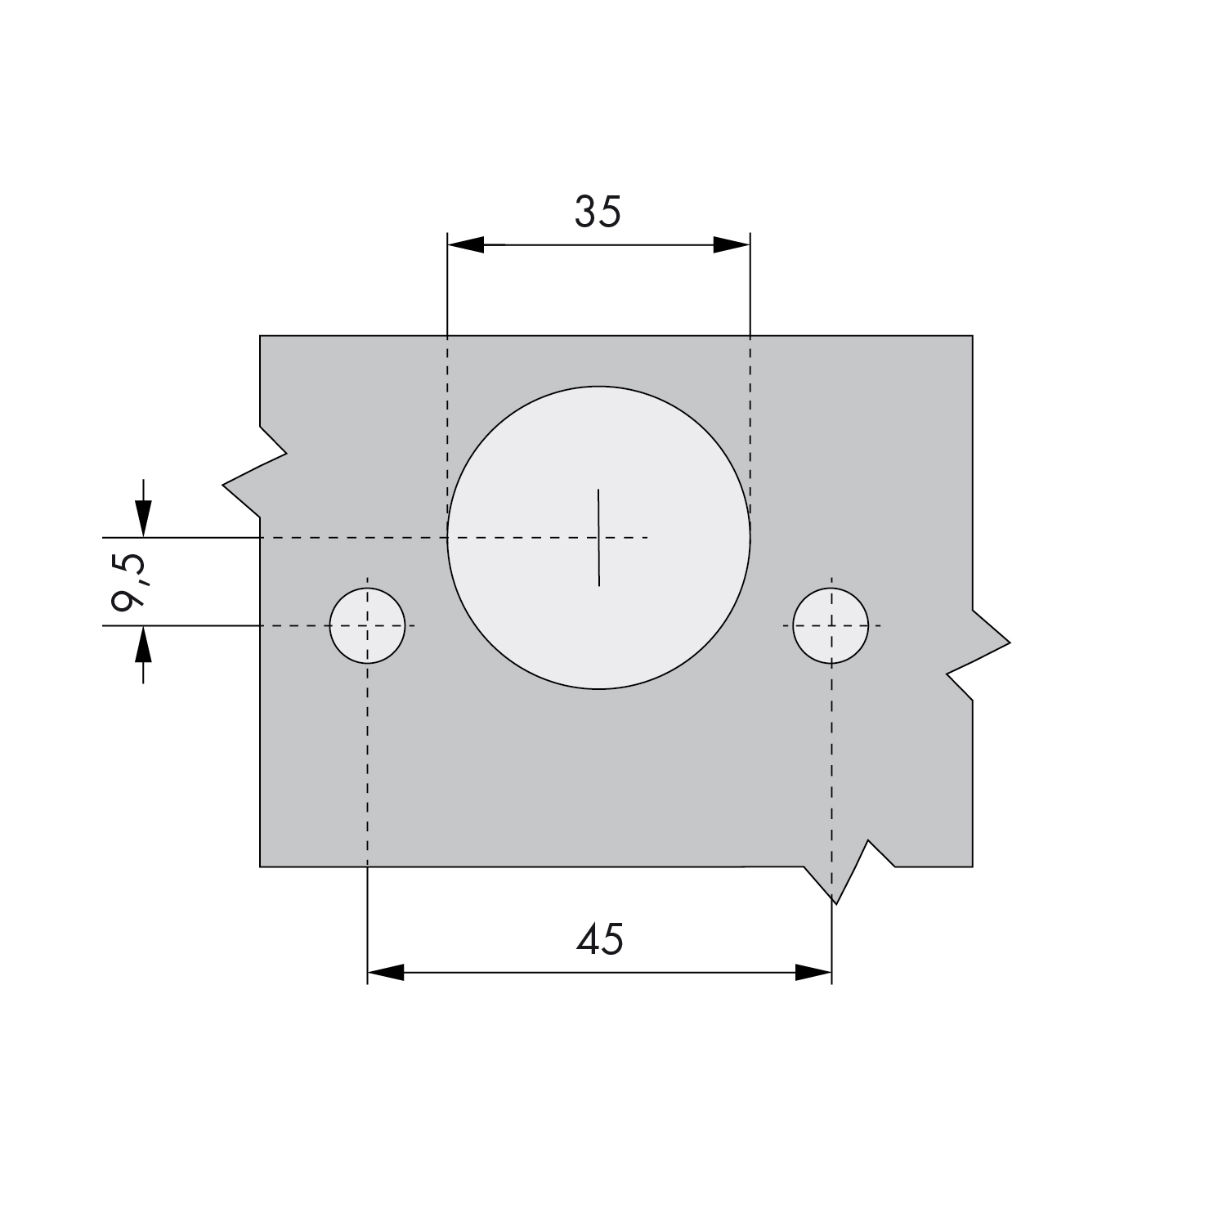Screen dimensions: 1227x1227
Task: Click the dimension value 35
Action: (x=598, y=212)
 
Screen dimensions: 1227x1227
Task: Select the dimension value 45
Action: (x=599, y=939)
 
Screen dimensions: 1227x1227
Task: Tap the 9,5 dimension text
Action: (x=128, y=581)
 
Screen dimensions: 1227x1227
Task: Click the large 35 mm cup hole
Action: (x=598, y=538)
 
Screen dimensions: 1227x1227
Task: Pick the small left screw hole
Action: (x=368, y=625)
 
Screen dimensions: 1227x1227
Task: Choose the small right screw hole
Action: (x=831, y=625)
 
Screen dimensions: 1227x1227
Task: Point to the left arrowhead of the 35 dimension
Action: (x=466, y=244)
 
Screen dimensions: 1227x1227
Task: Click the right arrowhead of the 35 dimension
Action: (x=732, y=244)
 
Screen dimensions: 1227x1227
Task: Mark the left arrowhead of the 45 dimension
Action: (x=386, y=973)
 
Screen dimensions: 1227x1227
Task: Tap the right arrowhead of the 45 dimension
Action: (x=813, y=973)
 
